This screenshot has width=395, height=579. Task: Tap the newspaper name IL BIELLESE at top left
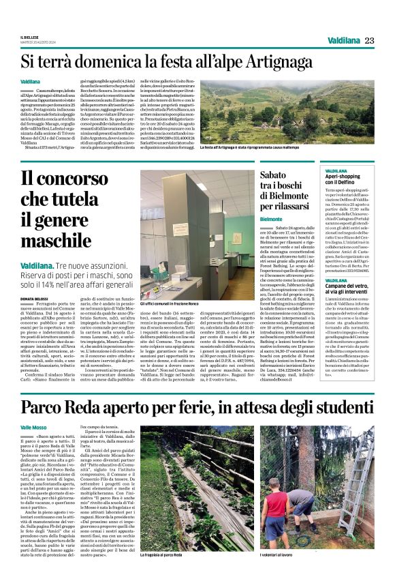coord(30,37)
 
